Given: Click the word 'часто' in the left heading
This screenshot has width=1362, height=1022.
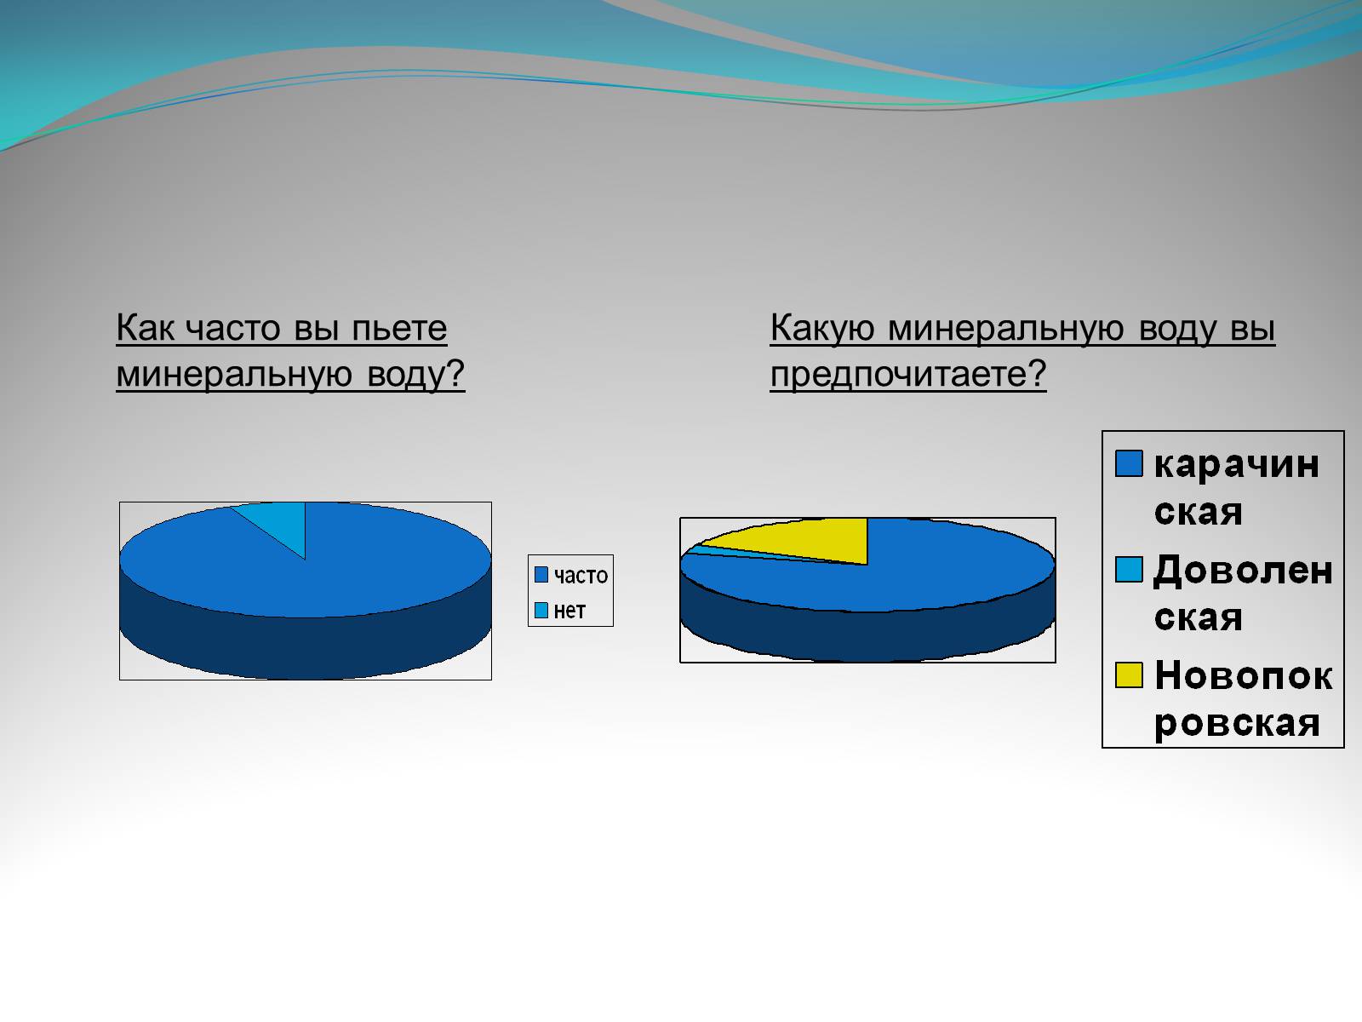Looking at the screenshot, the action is point(232,328).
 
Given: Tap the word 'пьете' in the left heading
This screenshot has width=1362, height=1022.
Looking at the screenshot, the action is point(399,328).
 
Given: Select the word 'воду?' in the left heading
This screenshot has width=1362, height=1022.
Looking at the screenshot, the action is point(415,376).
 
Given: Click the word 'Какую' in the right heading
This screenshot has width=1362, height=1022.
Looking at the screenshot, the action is point(822,330).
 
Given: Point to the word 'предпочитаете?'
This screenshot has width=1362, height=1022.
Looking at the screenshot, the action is point(907,376).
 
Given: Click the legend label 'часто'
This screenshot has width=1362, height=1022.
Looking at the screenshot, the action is point(581,577).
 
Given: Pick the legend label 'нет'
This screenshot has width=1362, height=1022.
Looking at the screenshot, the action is point(569,611).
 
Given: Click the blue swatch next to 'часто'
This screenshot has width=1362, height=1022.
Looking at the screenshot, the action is point(541,575).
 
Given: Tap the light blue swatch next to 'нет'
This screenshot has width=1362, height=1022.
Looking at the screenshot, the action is point(541,611).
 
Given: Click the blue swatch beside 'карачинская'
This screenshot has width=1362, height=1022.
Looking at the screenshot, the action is point(1129,463).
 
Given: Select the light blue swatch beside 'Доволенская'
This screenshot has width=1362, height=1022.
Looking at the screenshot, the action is point(1129,569).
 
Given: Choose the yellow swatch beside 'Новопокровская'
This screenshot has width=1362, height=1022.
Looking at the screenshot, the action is point(1129,675).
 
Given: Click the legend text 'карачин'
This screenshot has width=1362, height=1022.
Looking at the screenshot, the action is point(1236,465).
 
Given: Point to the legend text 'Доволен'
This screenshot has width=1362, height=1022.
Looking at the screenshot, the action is point(1243,569).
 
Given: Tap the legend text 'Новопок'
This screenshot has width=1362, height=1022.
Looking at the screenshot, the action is point(1244,675).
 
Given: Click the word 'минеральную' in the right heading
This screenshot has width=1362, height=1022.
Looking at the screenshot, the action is point(1006,330).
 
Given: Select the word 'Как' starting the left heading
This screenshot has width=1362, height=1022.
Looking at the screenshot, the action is point(145,328).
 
